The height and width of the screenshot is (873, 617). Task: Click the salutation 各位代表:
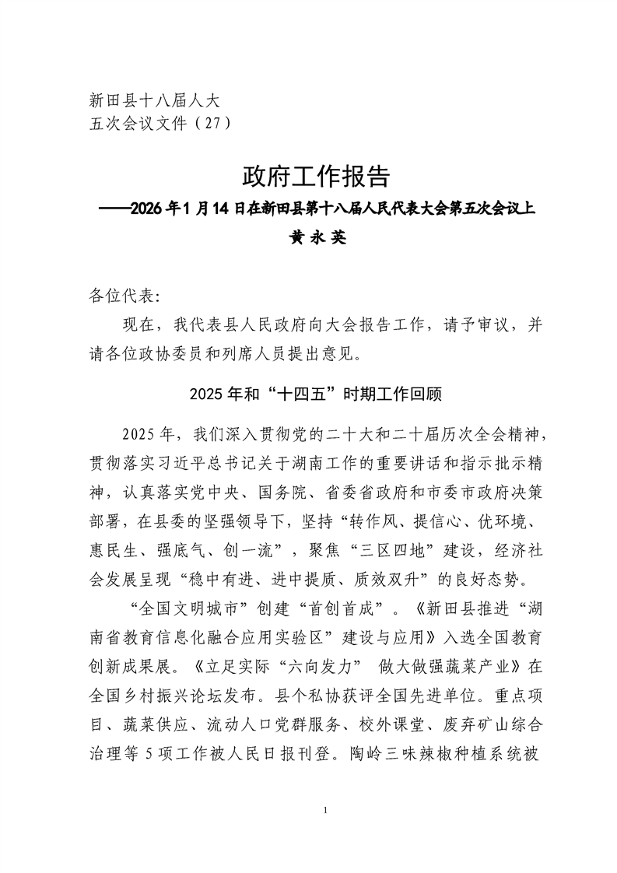pos(125,296)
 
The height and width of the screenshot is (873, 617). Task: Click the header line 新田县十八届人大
pos(156,100)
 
